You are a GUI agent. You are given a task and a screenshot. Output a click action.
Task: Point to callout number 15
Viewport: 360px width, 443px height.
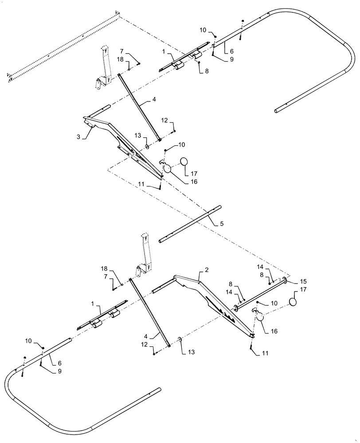coord(303,281)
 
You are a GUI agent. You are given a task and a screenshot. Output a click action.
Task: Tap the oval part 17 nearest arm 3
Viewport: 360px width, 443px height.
coord(184,163)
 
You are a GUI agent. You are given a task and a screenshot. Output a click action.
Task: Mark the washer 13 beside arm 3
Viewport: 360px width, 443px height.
coord(147,146)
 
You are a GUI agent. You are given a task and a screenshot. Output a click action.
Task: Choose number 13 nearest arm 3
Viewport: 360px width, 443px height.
coord(137,135)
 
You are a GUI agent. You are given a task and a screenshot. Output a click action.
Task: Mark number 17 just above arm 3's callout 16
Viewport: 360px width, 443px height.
coord(193,174)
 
